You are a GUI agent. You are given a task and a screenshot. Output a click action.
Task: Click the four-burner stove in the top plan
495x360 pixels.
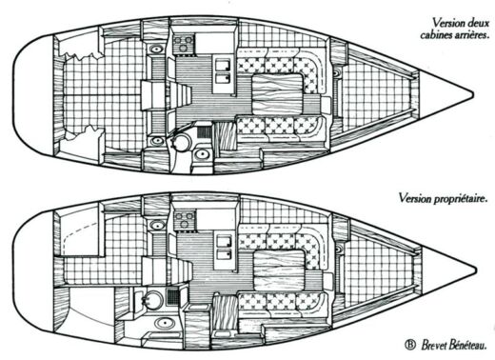point(184,44)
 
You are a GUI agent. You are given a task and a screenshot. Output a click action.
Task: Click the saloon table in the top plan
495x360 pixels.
point(276,93)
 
